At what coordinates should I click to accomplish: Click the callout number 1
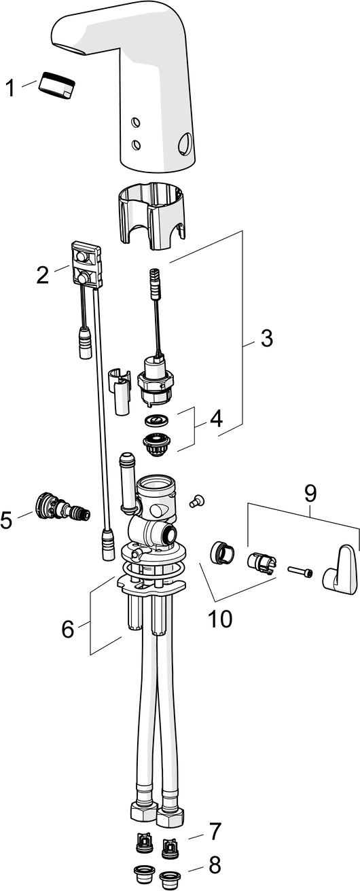click(x=10, y=88)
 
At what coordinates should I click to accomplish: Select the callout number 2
click(x=42, y=275)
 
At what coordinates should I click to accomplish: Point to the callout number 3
click(x=267, y=338)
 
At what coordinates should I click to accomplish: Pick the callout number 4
click(x=217, y=418)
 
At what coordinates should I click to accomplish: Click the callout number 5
click(x=7, y=520)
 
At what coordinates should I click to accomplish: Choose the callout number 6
click(x=68, y=629)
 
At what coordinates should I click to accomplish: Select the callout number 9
click(x=310, y=493)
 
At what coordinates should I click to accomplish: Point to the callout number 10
click(x=220, y=619)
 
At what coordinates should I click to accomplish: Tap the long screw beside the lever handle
click(x=300, y=571)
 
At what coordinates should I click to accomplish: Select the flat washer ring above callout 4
click(x=156, y=420)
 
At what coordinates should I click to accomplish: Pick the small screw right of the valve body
click(x=197, y=501)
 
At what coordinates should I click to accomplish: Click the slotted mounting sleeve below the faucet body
click(x=151, y=215)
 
